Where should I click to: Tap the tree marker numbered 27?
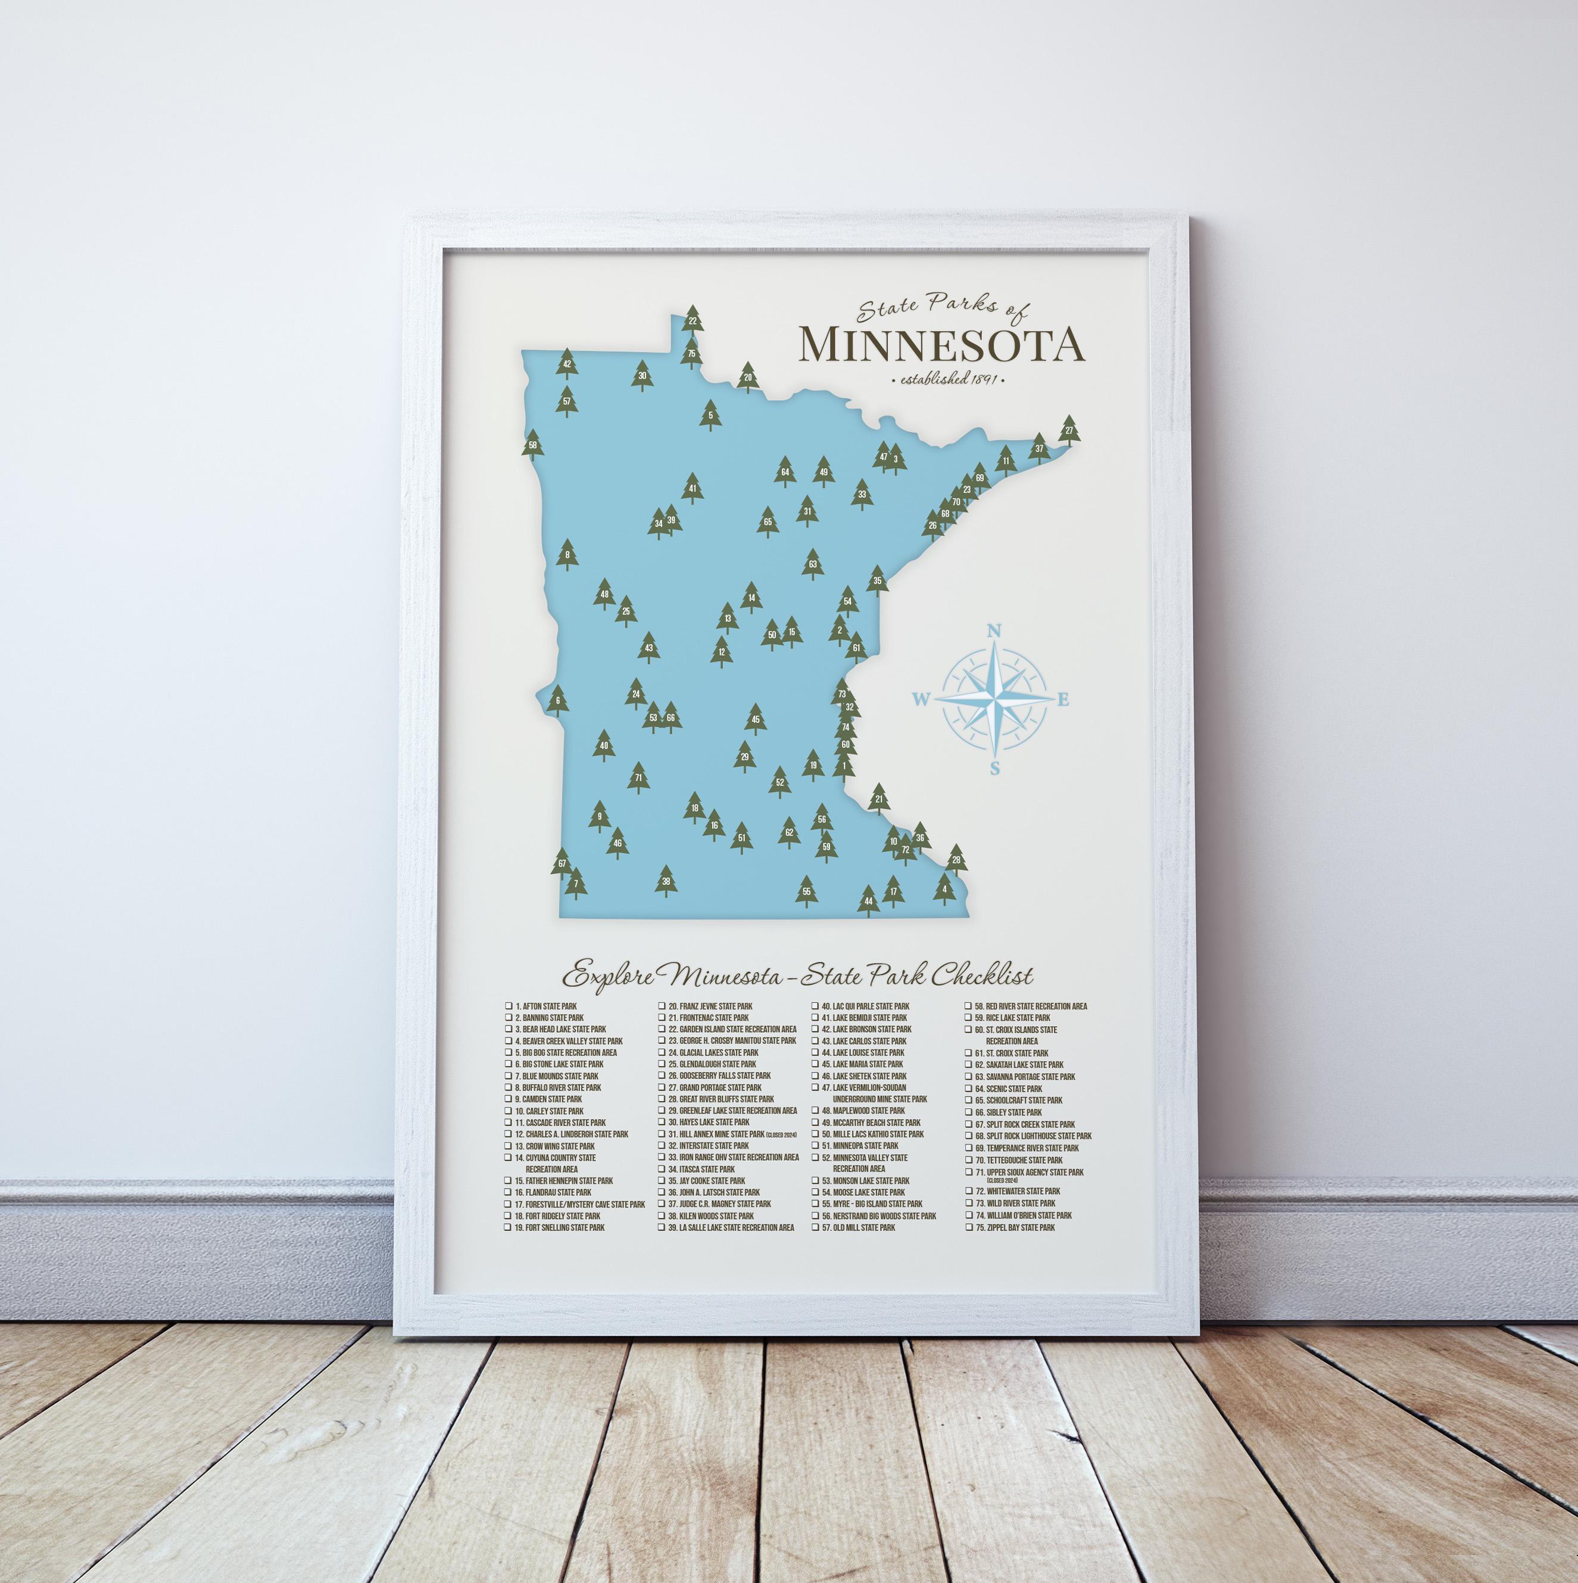(x=1068, y=431)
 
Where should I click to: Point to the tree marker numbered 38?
(x=665, y=883)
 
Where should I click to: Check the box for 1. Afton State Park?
(x=509, y=1006)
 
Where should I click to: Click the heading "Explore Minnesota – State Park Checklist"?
(x=796, y=976)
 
